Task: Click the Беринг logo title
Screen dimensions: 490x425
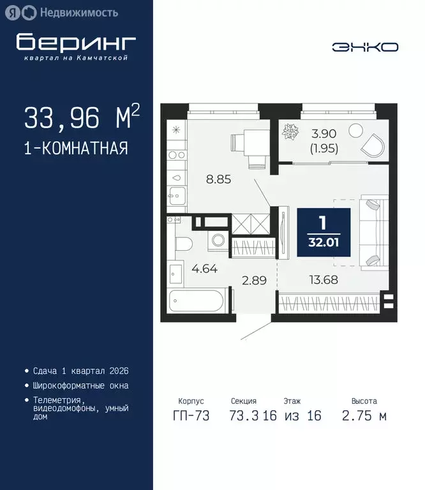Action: click(76, 43)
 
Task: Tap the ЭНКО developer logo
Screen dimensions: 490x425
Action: click(365, 47)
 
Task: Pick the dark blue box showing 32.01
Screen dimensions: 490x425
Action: click(323, 232)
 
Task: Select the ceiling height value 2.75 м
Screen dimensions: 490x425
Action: click(364, 416)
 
